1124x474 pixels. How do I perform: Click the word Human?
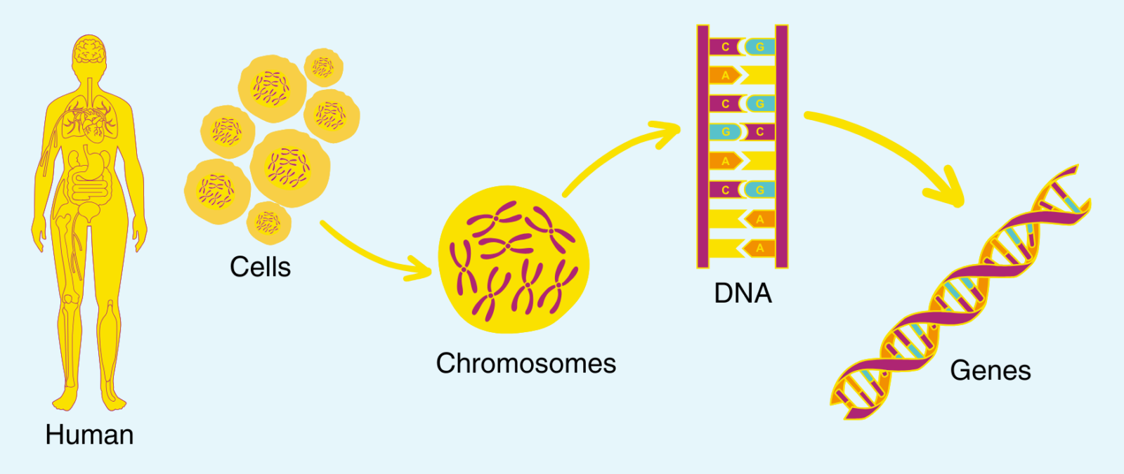89,435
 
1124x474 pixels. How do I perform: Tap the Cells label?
260,267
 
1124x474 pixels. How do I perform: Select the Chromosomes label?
525,364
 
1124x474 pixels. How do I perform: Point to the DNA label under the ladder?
743,294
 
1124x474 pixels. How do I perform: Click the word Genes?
990,370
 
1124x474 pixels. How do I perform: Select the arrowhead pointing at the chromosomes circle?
421,269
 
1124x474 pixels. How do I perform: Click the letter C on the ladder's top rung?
725,47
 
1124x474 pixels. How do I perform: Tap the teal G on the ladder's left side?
725,132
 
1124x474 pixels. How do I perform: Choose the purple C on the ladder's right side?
759,132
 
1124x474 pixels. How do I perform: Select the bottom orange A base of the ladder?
759,248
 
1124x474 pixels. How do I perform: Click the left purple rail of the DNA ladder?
702,147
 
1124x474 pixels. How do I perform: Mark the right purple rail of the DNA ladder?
782,147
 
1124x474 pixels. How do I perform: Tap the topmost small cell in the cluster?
323,67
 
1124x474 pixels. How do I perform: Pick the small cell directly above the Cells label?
268,223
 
